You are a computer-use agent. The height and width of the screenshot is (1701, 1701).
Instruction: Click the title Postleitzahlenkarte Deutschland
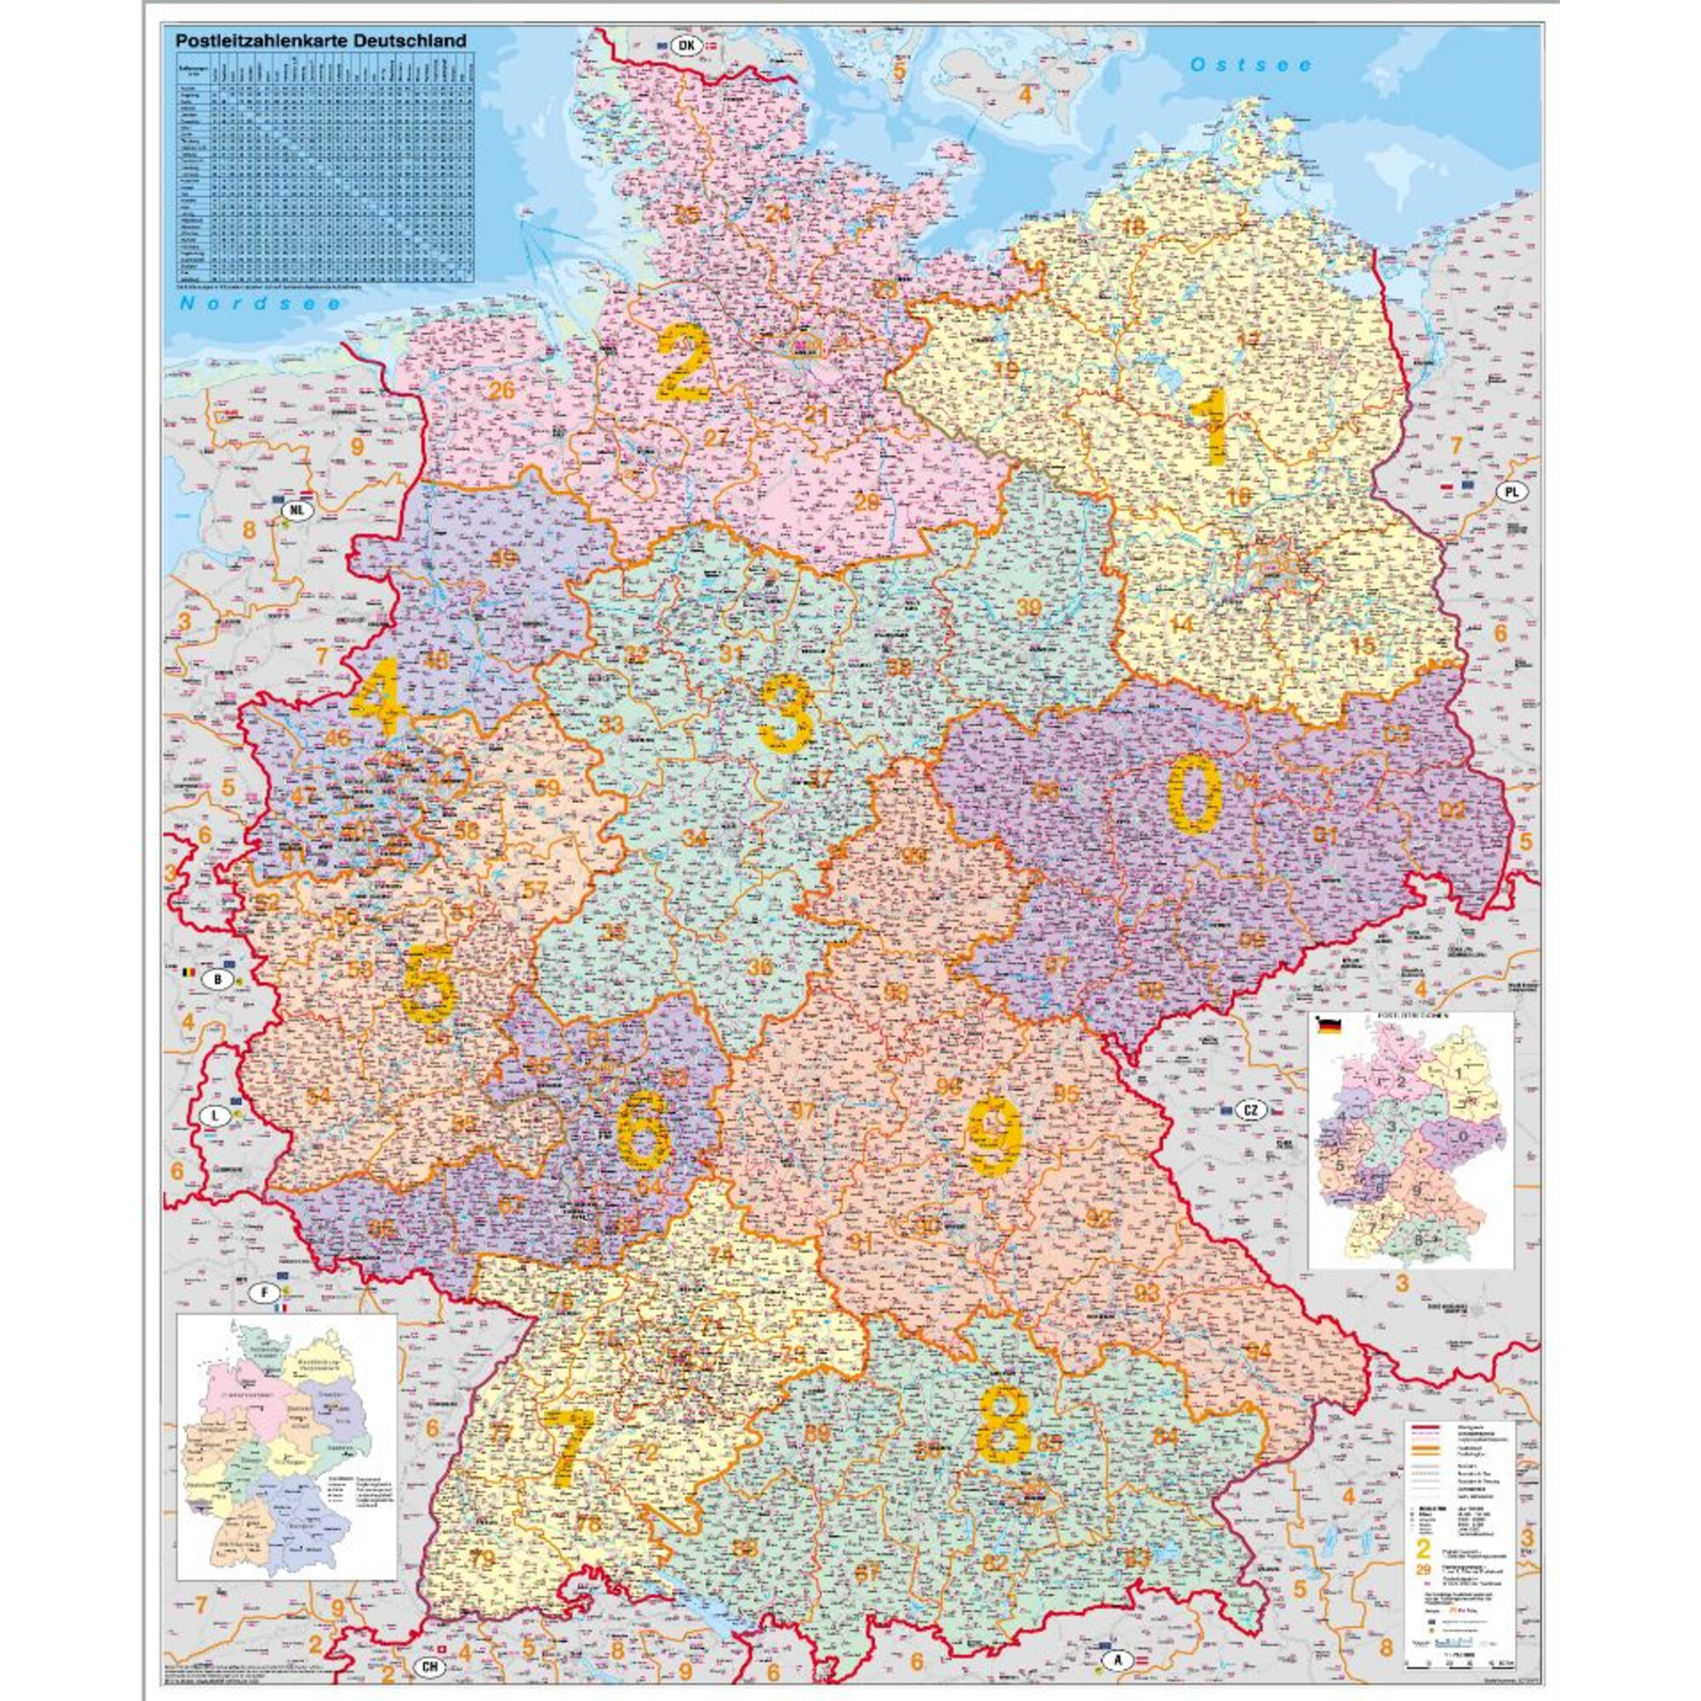[321, 41]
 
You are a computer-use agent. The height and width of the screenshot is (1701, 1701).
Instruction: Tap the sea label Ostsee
[1250, 65]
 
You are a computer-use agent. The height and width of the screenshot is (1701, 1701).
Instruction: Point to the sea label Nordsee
[259, 304]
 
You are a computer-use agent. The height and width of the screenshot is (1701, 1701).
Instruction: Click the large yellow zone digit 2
[683, 363]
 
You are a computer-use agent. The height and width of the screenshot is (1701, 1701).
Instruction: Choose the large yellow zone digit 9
[995, 1139]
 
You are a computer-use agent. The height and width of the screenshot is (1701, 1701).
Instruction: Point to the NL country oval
[297, 509]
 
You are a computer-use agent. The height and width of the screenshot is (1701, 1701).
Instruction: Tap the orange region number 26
[502, 390]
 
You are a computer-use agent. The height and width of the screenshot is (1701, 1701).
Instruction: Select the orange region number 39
[1028, 606]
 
